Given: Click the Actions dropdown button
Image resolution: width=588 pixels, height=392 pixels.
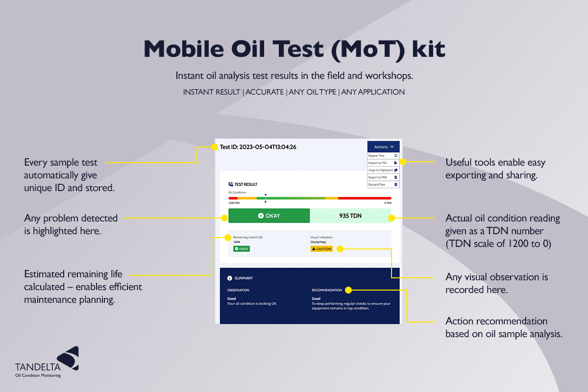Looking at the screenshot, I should pos(383,147).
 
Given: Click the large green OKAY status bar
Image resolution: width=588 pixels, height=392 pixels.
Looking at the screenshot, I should pos(269,216).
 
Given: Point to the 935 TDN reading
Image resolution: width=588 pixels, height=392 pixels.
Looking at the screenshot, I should pos(350,216).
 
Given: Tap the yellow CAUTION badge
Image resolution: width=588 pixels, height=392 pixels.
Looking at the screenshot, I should pos(321,249).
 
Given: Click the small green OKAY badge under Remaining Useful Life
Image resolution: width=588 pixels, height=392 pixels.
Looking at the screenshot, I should pos(242,249).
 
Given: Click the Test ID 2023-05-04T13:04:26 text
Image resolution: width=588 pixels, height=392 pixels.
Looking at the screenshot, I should pos(258,147).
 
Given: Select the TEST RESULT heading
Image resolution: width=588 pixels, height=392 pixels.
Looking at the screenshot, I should pos(243,185).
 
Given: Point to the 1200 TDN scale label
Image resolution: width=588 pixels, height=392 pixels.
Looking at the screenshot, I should pos(234,202).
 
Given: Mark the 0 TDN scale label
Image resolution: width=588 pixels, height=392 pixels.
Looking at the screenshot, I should pos(387,202).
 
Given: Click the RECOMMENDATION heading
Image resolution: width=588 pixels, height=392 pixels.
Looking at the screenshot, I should pos(326,290).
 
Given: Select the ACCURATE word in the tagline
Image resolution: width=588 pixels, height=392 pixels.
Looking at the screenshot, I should pos(265,92).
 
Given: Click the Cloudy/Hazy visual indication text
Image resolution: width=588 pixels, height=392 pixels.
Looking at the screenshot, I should pos(318,242).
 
